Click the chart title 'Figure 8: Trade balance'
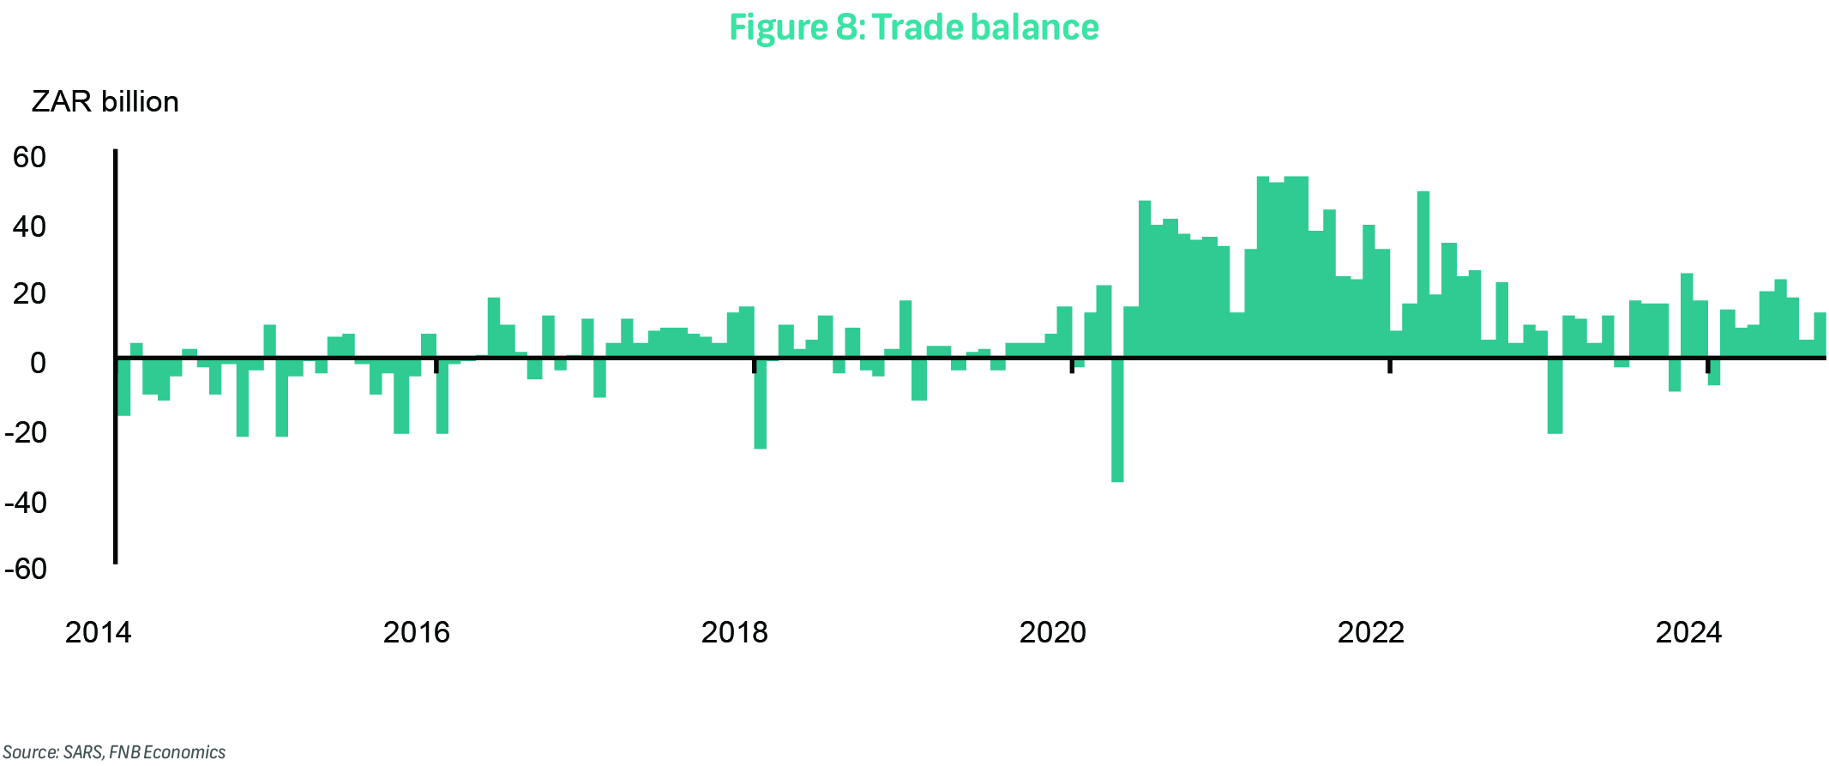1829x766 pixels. tap(913, 27)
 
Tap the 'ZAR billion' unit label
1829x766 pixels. tap(105, 102)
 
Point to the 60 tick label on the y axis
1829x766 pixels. tap(30, 157)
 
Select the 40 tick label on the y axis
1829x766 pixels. tap(30, 226)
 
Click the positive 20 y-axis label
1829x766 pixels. tap(30, 294)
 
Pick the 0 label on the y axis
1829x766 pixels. tap(38, 363)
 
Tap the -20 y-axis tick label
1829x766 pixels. tap(26, 432)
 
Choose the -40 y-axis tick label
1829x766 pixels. tap(26, 502)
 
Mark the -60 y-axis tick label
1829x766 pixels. tap(26, 569)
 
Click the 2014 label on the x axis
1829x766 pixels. tap(98, 632)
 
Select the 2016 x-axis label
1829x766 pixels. tap(416, 632)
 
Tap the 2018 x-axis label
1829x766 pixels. tap(734, 632)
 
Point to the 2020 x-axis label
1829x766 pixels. tap(1052, 632)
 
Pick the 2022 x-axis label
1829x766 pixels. tap(1370, 632)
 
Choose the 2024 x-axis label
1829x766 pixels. tap(1688, 632)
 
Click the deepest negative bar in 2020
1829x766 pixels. tap(1117, 420)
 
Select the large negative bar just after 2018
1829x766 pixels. tap(760, 403)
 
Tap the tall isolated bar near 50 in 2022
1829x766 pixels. tap(1423, 274)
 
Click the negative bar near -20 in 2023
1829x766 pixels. tap(1555, 395)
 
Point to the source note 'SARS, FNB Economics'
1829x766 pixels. tap(114, 752)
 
